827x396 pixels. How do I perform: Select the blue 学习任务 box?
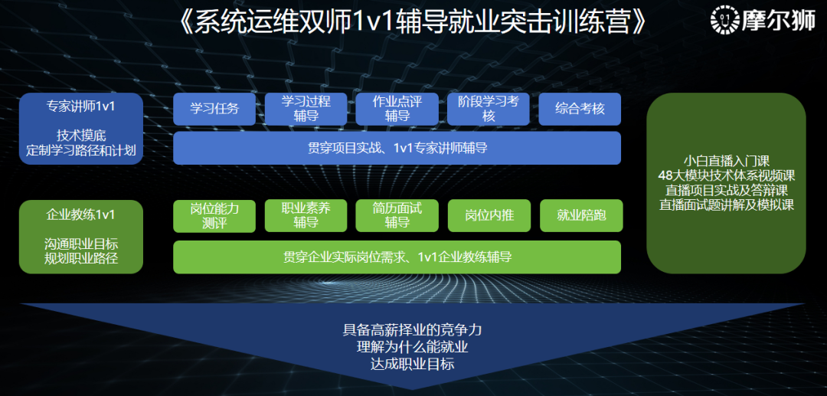click(214, 109)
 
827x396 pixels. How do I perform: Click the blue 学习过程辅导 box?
click(306, 109)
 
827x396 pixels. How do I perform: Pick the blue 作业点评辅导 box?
click(397, 109)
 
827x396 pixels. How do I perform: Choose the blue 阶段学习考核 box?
click(489, 109)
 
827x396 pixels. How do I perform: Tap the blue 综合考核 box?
click(580, 109)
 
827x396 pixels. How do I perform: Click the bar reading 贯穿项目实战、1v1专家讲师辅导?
click(397, 148)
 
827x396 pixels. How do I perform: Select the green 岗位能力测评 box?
click(214, 216)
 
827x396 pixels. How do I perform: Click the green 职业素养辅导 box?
click(306, 216)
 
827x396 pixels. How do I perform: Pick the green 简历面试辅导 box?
click(397, 216)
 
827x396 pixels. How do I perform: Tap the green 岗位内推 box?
click(489, 216)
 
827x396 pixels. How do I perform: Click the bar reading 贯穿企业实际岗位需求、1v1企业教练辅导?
click(397, 257)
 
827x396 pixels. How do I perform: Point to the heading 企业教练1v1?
click(80, 214)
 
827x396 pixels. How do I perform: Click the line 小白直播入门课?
click(727, 161)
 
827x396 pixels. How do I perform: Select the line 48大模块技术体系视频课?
click(727, 175)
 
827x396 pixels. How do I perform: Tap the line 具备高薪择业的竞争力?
click(412, 331)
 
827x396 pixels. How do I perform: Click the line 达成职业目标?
click(412, 364)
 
